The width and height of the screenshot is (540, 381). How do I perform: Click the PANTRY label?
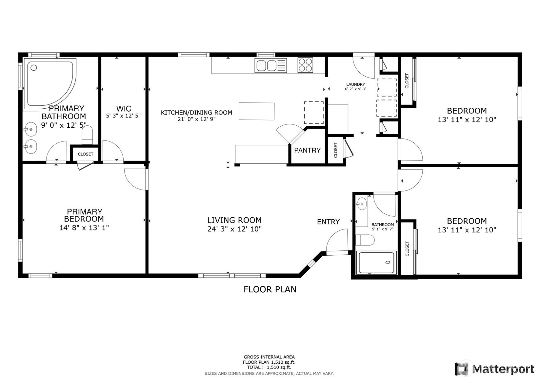pyautogui.click(x=307, y=150)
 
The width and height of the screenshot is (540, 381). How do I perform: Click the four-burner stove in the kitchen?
pyautogui.click(x=305, y=65)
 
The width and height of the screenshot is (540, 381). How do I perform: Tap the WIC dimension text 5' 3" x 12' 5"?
pyautogui.click(x=124, y=116)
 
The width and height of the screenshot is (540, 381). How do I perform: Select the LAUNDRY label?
pyautogui.click(x=355, y=84)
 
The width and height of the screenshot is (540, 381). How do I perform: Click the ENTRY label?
pyautogui.click(x=328, y=222)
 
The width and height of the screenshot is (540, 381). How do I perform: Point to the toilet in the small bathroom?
pyautogui.click(x=365, y=240)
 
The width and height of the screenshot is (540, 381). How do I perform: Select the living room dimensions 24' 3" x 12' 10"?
pyautogui.click(x=234, y=229)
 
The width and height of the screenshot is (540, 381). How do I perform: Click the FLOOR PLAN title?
pyautogui.click(x=270, y=289)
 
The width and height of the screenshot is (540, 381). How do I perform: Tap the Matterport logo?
pyautogui.click(x=495, y=369)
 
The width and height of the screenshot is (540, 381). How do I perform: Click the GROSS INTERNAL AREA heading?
pyautogui.click(x=269, y=357)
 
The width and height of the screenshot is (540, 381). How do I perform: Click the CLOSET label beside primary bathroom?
pyautogui.click(x=86, y=154)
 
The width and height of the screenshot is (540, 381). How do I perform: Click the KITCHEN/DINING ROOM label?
pyautogui.click(x=196, y=113)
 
